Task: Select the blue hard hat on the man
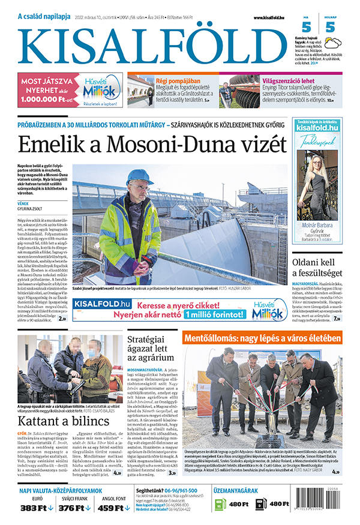point(139,177)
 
